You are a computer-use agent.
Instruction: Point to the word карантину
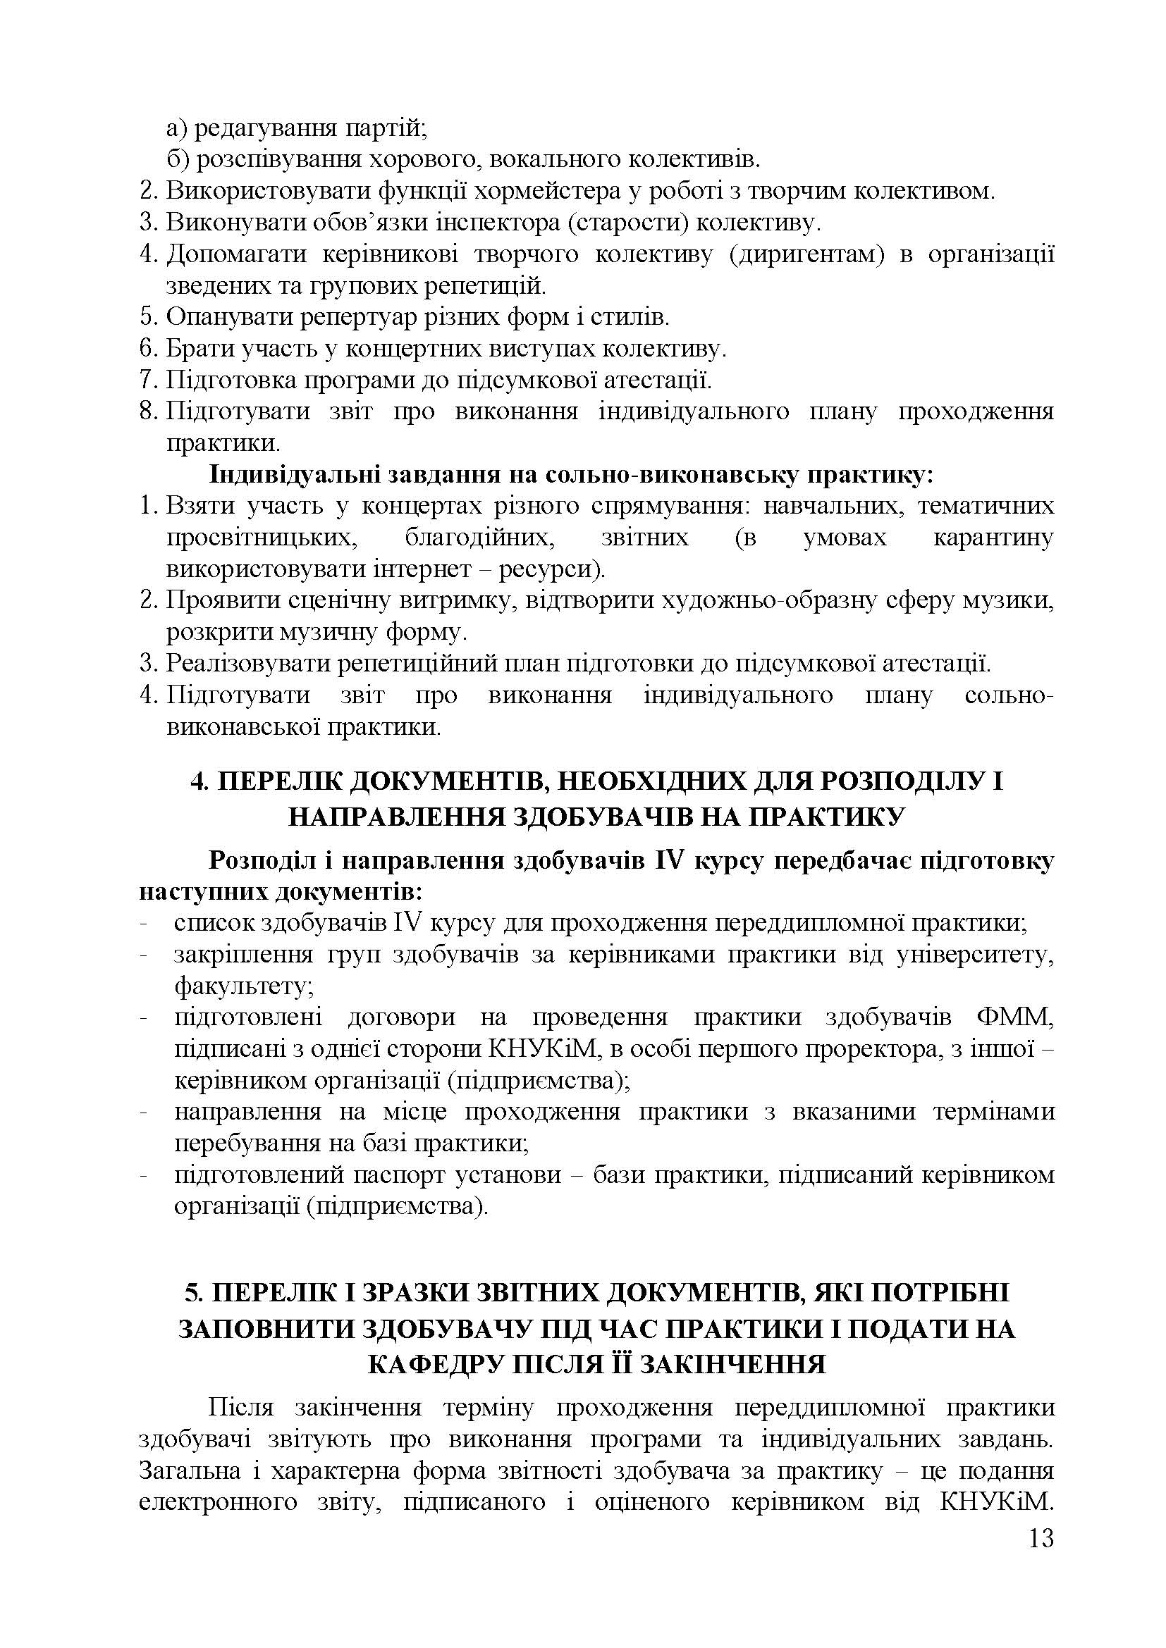pos(993,538)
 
